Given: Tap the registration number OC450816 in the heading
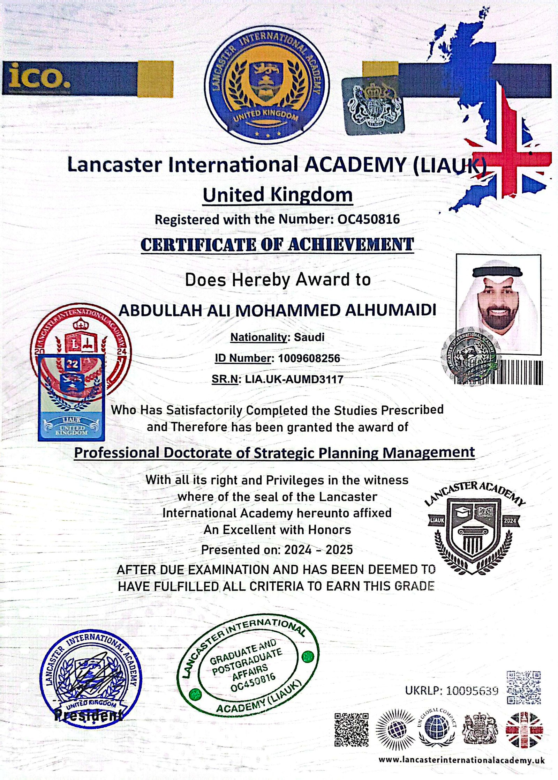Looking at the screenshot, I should coord(369,219).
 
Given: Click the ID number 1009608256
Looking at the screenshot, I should coord(309,358).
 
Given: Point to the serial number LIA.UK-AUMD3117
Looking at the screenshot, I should coord(294,379).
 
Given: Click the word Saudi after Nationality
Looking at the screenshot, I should coord(309,337).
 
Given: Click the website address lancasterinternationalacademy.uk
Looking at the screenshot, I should coord(461,760).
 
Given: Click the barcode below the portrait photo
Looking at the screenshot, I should coord(520,373).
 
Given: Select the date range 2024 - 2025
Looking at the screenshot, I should coord(318,550).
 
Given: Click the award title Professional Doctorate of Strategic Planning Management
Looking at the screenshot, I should coord(274,453).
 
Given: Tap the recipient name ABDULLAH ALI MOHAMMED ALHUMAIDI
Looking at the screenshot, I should coord(277,310).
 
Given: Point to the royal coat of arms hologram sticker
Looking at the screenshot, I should coord(373,106).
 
